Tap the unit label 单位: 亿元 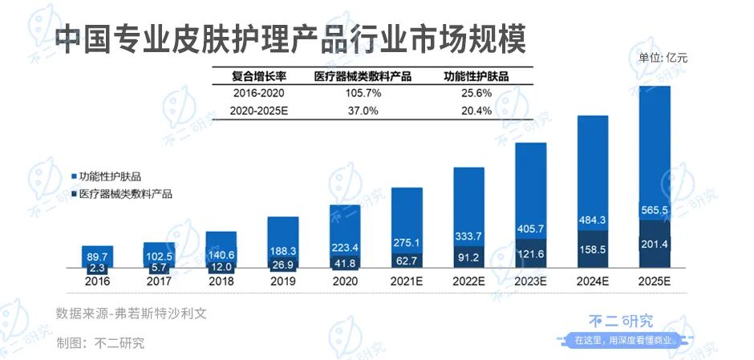[663, 57]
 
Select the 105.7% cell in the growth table [363, 94]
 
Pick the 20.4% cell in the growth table [478, 111]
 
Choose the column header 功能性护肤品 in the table [477, 77]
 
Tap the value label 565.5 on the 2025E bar [655, 210]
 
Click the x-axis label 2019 [283, 282]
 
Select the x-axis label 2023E [530, 282]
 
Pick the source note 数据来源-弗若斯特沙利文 [131, 313]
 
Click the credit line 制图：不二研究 [100, 343]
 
